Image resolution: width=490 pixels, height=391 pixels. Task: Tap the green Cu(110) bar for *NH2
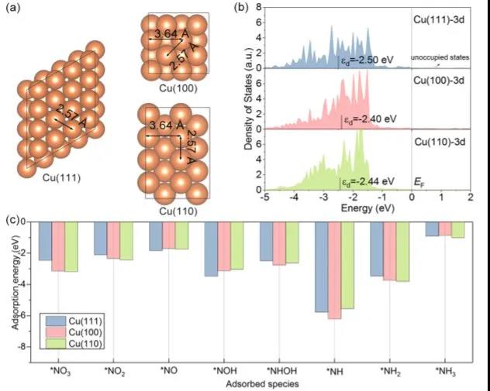tap(402, 251)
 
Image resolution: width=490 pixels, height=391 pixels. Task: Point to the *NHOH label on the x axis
tap(278, 370)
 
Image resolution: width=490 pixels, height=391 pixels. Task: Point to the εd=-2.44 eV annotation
tap(368, 182)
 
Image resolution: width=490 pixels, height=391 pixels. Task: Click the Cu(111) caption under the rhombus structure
tap(62, 177)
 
